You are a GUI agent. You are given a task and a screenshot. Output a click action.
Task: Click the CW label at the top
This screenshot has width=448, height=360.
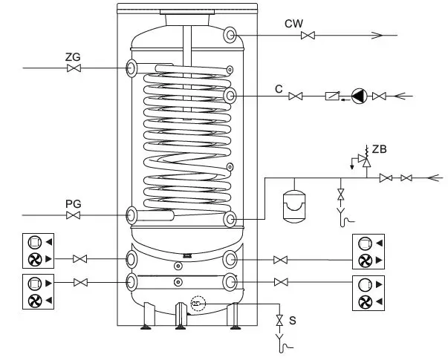(293, 24)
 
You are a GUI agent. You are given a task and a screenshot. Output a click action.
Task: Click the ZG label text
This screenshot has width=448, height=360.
(72, 56)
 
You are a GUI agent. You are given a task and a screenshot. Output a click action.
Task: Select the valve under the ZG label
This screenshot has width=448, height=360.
(74, 68)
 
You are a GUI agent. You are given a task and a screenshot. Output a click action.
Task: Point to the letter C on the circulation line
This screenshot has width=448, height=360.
(278, 89)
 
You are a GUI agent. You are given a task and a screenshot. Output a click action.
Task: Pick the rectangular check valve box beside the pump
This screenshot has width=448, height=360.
(332, 96)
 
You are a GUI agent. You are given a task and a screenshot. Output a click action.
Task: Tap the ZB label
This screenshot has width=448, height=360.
(379, 149)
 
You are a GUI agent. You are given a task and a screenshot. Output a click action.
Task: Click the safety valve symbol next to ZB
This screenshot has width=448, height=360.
(361, 158)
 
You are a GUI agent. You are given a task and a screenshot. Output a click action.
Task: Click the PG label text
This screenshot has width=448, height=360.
(72, 203)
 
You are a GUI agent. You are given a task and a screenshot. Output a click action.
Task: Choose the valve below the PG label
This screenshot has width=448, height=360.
(74, 215)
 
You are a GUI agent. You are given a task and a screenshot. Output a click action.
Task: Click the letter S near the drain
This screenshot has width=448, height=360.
(292, 321)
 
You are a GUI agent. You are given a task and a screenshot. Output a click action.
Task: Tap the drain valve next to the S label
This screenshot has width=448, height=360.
(279, 321)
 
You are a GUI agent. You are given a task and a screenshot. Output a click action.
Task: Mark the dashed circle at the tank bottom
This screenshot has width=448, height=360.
(197, 303)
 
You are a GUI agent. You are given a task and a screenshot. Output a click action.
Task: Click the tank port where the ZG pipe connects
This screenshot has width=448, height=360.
(132, 68)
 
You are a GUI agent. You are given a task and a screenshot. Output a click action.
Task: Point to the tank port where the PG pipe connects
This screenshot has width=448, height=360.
(132, 215)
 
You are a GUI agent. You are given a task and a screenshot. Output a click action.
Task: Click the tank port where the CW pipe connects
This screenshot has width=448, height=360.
(230, 35)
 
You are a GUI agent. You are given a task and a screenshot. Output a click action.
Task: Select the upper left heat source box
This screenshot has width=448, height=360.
(35, 251)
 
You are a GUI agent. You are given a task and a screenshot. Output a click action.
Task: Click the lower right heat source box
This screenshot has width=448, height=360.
(368, 293)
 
